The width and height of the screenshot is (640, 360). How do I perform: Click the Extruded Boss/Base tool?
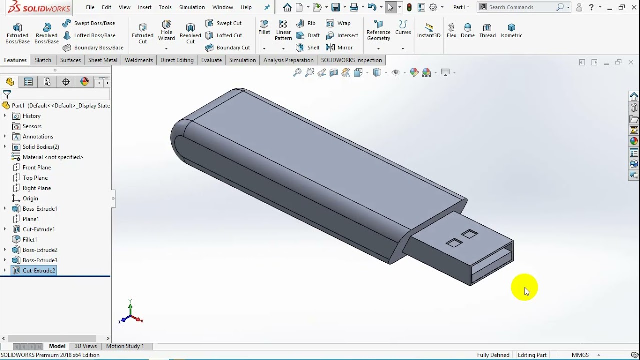tap(17, 33)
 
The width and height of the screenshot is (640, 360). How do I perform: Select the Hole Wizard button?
tap(166, 31)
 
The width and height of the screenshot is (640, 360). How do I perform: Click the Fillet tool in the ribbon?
tap(264, 27)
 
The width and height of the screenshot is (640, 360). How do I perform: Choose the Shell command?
tap(308, 48)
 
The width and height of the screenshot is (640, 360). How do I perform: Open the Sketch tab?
tap(43, 60)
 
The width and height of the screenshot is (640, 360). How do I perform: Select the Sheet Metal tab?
tap(103, 60)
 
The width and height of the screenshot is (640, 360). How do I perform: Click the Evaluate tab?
tap(211, 60)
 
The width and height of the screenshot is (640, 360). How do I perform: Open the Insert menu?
tap(145, 7)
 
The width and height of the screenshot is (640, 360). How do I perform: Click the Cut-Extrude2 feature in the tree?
tap(39, 271)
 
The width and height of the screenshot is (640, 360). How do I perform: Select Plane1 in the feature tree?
tap(31, 219)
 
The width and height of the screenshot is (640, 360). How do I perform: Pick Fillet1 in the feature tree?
tap(30, 240)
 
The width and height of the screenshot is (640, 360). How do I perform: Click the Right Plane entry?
tap(37, 188)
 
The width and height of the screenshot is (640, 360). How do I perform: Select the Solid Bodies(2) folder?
tap(41, 147)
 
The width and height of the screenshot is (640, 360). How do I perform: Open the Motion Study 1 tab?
tap(125, 346)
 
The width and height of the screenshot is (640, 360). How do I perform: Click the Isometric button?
tap(511, 31)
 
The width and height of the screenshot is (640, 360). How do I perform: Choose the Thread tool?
tap(487, 31)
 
